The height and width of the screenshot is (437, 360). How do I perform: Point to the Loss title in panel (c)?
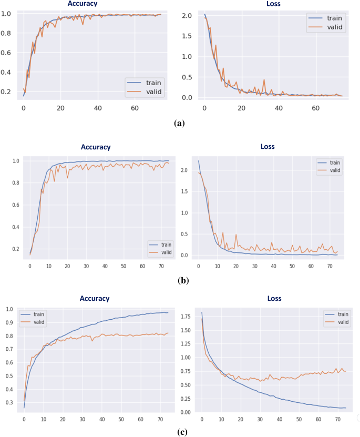click(x=273, y=299)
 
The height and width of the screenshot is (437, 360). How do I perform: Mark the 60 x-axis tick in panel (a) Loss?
click(x=316, y=108)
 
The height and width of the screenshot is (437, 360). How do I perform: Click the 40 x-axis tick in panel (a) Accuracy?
click(x=98, y=108)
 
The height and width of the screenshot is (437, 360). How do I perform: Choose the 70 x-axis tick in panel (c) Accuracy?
click(x=160, y=419)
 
